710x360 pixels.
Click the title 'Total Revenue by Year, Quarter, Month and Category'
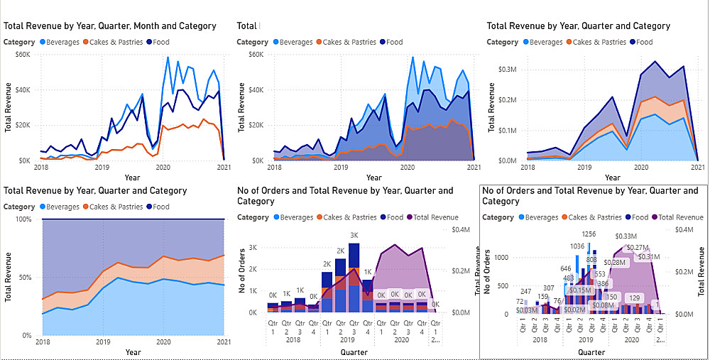(110, 26)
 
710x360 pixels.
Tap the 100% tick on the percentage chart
(24, 219)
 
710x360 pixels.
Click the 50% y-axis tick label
(26, 277)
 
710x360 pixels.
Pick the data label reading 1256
(589, 234)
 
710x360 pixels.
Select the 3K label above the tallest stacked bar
(354, 235)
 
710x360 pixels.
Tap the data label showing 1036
(577, 246)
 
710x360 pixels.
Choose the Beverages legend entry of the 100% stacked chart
(60, 207)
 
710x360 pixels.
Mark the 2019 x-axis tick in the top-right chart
(584, 168)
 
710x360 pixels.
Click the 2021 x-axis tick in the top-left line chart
(224, 168)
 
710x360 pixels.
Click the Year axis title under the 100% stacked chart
(133, 352)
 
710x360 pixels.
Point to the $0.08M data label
(603, 306)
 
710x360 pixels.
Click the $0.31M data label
(648, 257)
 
